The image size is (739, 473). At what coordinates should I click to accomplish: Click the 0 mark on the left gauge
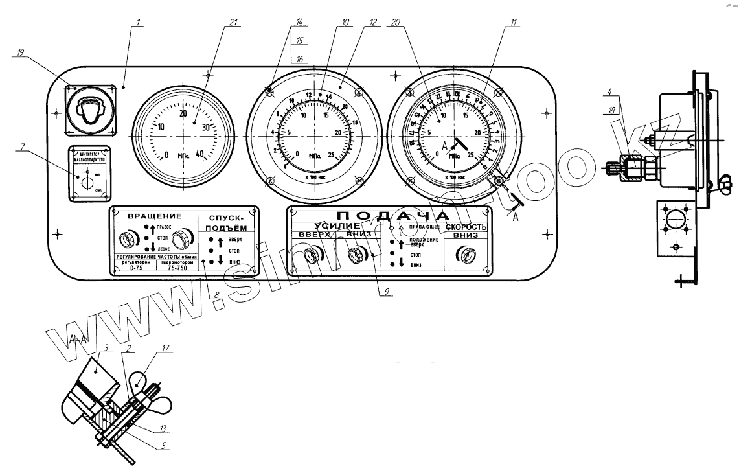tap(166, 155)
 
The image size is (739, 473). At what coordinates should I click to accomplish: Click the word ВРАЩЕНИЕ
tap(154, 216)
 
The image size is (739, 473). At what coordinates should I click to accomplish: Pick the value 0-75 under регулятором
tap(135, 268)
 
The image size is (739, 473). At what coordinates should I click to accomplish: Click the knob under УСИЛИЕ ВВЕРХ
tap(314, 256)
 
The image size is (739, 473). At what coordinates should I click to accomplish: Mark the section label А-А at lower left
tap(78, 339)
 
